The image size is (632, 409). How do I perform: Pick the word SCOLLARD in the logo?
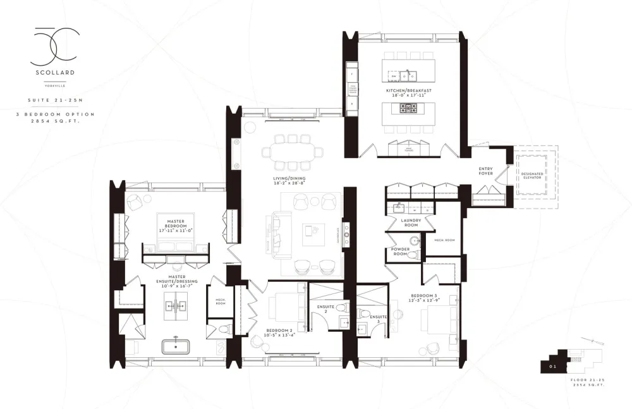[x=53, y=73]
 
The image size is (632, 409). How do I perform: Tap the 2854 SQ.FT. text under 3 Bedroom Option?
[x=53, y=120]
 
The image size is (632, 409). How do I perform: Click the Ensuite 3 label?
[x=378, y=318]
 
